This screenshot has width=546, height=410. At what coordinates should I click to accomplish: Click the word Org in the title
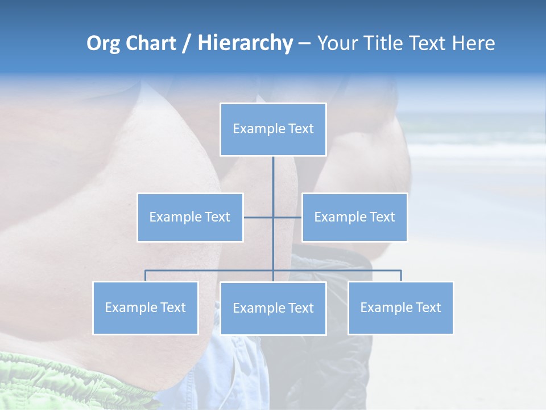coord(103,43)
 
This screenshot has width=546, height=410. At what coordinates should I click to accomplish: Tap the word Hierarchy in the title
coord(245,43)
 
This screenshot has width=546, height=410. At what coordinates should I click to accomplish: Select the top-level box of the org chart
coord(273,129)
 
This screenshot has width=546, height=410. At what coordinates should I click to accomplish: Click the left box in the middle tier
coord(190,217)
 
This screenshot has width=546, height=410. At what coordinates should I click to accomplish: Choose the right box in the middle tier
coord(354,217)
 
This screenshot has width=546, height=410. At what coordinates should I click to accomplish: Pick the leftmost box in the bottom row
coord(146,307)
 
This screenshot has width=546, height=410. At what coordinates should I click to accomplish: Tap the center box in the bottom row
coord(273,308)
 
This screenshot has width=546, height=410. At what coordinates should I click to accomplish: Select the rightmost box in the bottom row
coord(400,307)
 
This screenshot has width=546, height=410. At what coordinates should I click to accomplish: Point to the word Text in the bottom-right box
coord(428,307)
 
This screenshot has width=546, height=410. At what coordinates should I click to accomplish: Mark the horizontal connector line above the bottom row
coord(210,270)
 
